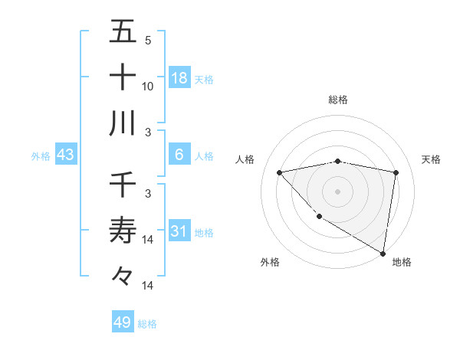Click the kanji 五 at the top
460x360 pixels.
(123, 33)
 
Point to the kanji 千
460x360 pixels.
(123, 185)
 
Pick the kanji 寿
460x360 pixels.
(123, 230)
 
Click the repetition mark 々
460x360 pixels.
(123, 275)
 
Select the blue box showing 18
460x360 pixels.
(179, 78)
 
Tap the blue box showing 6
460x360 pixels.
(179, 155)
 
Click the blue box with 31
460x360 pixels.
(179, 231)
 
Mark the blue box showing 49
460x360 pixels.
(123, 322)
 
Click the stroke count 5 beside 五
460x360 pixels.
(147, 40)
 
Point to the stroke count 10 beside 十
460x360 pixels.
(148, 86)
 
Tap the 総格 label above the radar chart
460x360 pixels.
(338, 100)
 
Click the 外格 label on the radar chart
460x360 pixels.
(269, 262)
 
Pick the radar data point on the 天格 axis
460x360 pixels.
(396, 172)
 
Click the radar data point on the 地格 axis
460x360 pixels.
(383, 252)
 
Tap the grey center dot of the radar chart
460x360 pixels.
(337, 191)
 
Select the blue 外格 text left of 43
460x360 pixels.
(41, 156)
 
